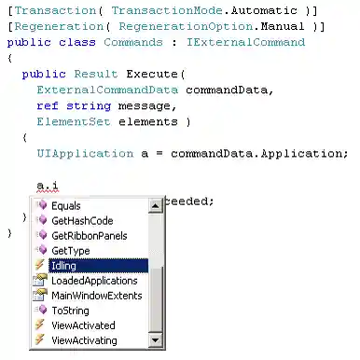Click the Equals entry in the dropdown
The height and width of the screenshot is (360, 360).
click(x=65, y=205)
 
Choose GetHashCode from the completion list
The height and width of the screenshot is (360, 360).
click(x=81, y=220)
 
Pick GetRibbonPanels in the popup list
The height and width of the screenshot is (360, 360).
click(x=90, y=235)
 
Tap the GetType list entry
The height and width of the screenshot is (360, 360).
click(x=71, y=251)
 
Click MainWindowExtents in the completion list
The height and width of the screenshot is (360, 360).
click(x=97, y=296)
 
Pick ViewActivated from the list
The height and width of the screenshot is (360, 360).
click(x=83, y=325)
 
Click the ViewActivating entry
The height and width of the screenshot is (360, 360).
click(x=85, y=340)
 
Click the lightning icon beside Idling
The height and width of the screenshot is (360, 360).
click(x=40, y=266)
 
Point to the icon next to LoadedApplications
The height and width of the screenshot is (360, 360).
click(x=40, y=281)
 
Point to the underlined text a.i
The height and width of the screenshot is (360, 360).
click(x=47, y=186)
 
